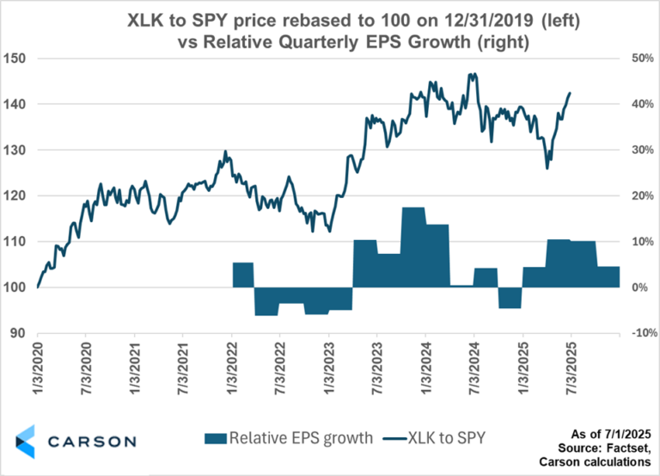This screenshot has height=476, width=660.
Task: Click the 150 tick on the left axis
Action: (x=16, y=59)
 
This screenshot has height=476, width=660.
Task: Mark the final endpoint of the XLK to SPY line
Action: (x=571, y=93)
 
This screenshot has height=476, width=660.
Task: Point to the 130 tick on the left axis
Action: (x=16, y=150)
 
